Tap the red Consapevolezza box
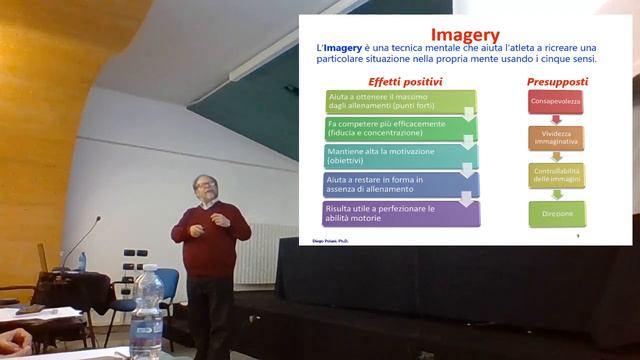point(556,102)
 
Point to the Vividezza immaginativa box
point(556,138)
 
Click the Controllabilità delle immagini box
point(556,175)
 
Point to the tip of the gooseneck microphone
point(99,218)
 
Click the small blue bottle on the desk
point(82,261)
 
